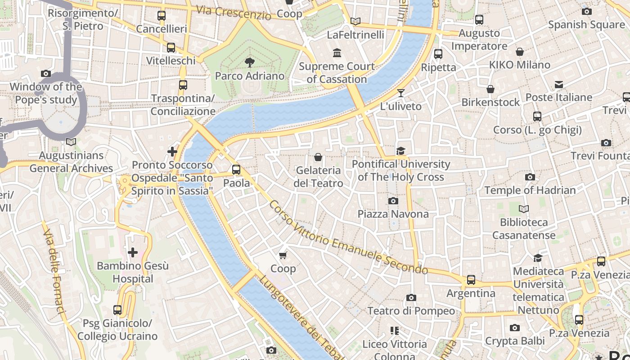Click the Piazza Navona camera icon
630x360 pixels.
[393, 201]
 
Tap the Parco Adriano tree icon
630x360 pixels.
[249, 63]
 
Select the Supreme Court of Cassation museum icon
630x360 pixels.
[337, 54]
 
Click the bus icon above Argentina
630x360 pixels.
[471, 280]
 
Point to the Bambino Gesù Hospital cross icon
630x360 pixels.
[133, 252]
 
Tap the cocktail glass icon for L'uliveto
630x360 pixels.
[400, 93]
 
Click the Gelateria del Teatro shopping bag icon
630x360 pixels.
[318, 157]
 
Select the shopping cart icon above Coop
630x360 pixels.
[283, 256]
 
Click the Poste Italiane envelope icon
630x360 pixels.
[558, 84]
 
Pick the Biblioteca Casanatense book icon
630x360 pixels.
[523, 209]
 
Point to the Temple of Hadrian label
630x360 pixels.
[530, 190]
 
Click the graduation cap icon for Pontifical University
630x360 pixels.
[400, 151]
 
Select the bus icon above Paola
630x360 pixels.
[236, 170]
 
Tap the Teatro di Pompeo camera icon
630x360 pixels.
[411, 298]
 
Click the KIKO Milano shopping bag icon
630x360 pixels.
[520, 52]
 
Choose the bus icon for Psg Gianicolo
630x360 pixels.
[117, 310]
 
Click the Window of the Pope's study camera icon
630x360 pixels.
[45, 73]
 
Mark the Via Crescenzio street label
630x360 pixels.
[234, 12]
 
